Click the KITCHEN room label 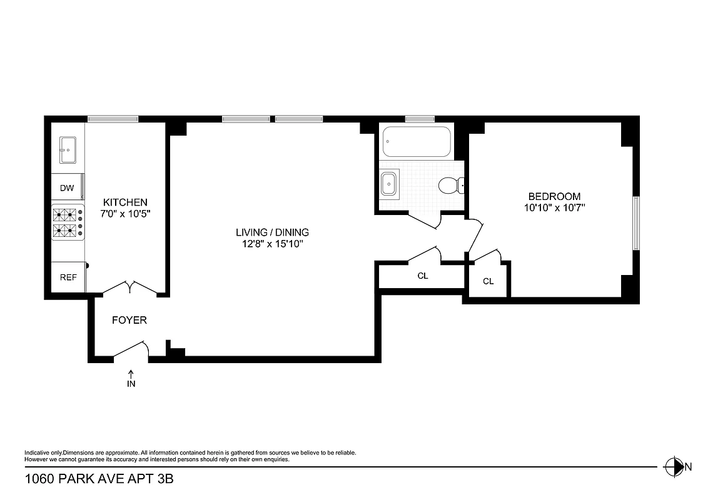(x=125, y=202)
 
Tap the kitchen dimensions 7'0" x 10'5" (x=125, y=213)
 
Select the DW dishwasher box (x=67, y=188)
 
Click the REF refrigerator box (x=68, y=277)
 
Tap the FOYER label (x=129, y=320)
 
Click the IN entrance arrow (x=131, y=379)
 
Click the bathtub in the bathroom (x=416, y=142)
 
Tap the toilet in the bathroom (x=450, y=185)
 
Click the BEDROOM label (x=554, y=196)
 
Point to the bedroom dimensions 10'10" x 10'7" (x=554, y=207)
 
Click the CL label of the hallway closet (x=423, y=276)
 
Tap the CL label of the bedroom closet (x=488, y=281)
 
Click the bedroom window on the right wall (x=635, y=223)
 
